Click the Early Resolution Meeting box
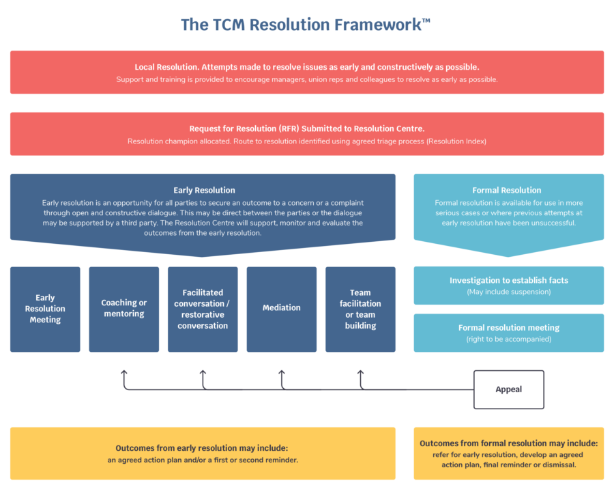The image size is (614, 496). (x=45, y=309)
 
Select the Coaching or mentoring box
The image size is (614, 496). (x=124, y=309)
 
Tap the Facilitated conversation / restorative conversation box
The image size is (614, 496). (x=203, y=309)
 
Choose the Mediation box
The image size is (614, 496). (x=282, y=309)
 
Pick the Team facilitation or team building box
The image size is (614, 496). (x=360, y=309)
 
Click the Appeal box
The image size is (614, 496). (x=509, y=389)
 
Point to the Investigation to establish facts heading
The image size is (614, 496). (x=509, y=281)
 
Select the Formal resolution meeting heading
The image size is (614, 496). (x=509, y=328)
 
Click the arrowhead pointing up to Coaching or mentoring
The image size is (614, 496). (x=124, y=373)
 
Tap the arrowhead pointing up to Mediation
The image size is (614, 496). (x=282, y=373)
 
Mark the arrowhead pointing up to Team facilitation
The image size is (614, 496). (x=361, y=373)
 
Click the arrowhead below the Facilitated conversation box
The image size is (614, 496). (x=203, y=373)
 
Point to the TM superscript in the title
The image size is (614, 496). (x=426, y=20)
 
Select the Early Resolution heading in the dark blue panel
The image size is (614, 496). (x=203, y=191)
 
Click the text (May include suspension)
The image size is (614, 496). (x=509, y=292)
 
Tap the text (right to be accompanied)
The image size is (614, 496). (x=509, y=340)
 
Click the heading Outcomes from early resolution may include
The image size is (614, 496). (x=202, y=449)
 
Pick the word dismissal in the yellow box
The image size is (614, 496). (x=559, y=465)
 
